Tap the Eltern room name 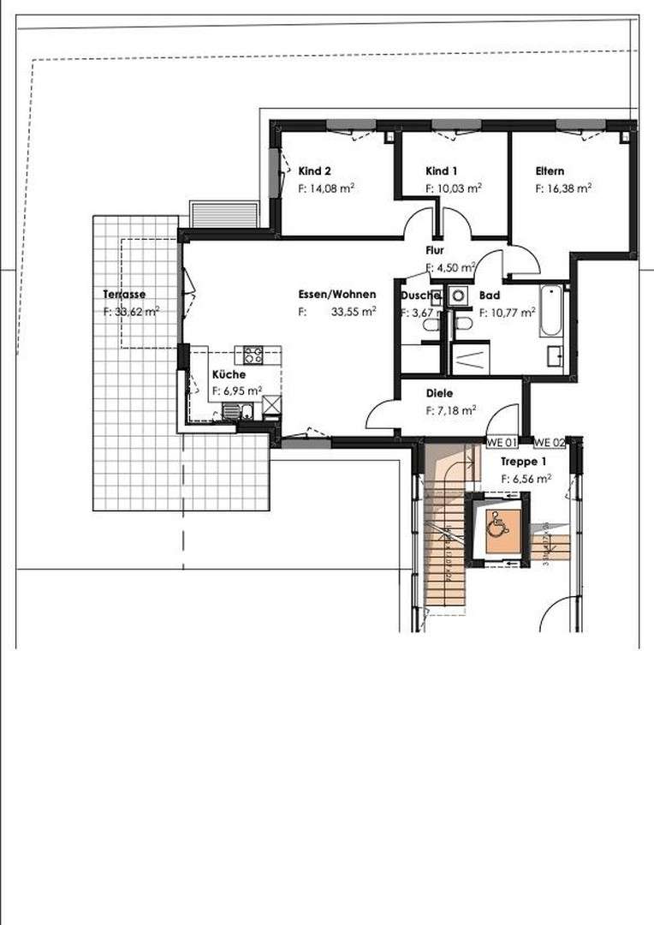point(550,170)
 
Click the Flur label point(435,250)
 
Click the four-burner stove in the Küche point(254,354)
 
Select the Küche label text point(229,375)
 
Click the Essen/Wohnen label point(337,295)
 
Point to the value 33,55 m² point(354,313)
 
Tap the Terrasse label point(125,295)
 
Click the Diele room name point(439,394)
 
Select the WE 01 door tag point(501,443)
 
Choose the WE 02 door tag point(550,443)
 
